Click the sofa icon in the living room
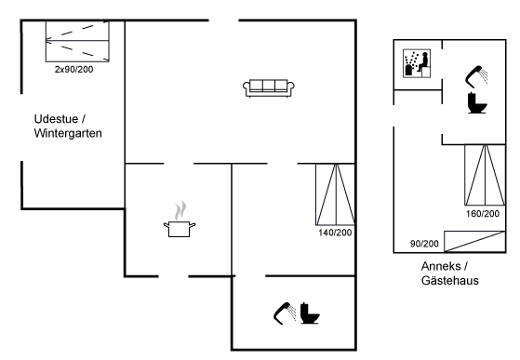click(x=269, y=88)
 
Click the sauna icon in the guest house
click(x=417, y=63)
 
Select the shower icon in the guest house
click(x=476, y=76)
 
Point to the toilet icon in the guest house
click(x=477, y=103)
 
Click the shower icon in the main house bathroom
click(x=285, y=312)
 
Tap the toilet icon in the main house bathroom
click(x=310, y=313)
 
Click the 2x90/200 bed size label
click(x=74, y=69)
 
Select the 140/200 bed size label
click(x=335, y=233)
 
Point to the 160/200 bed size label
click(x=483, y=214)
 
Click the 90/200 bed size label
click(x=424, y=244)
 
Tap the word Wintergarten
click(x=68, y=133)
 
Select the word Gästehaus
click(x=450, y=280)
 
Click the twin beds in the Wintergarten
click(x=77, y=42)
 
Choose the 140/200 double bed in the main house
click(x=335, y=194)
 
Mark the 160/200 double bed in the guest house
click(x=485, y=175)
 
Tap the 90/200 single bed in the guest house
click(x=474, y=242)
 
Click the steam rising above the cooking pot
click(x=180, y=211)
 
